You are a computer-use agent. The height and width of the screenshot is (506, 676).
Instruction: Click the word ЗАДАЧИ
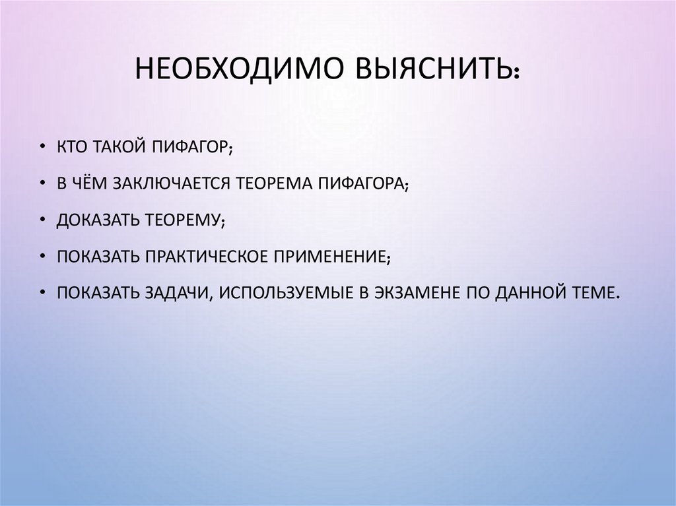tap(174, 292)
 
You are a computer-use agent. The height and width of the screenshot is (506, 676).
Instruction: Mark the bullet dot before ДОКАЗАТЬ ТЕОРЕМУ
tap(43, 220)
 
